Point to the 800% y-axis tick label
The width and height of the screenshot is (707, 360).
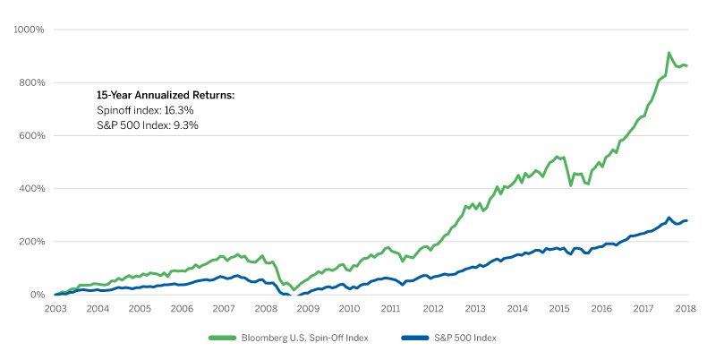31,82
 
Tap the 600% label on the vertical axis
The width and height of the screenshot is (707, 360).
31,136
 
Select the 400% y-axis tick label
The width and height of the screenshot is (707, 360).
31,189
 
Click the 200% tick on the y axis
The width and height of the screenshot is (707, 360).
31,242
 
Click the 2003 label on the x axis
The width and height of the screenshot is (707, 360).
55,308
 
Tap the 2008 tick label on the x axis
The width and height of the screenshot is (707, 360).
266,308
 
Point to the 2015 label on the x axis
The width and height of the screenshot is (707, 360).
560,308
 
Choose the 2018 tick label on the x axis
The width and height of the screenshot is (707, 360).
686,308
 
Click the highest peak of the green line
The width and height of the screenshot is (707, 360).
669,54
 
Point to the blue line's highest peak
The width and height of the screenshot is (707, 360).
669,218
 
